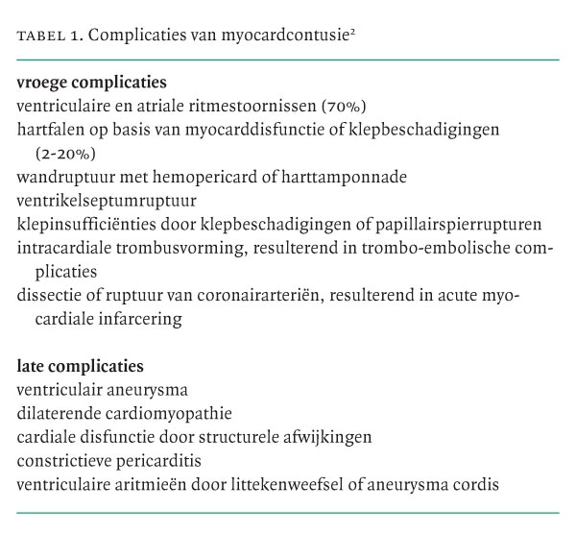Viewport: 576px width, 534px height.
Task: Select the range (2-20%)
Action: tap(72, 153)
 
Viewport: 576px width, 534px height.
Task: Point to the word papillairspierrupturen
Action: tap(466, 225)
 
